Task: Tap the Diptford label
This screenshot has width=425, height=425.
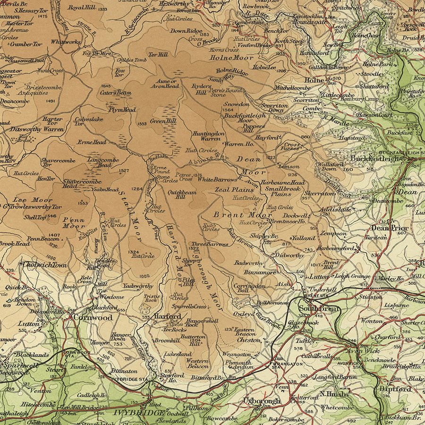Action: point(395,389)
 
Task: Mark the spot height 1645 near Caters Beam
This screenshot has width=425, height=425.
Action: point(106,86)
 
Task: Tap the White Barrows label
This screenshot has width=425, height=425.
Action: point(217,179)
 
